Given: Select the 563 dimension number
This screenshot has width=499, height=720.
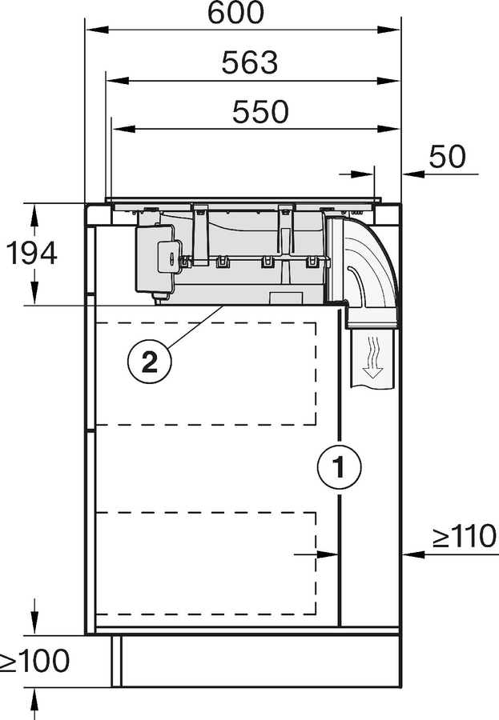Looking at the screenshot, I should click(250, 62).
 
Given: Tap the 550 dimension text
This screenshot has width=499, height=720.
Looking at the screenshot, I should click(260, 112).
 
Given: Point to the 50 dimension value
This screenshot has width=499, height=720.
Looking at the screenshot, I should click(447, 157).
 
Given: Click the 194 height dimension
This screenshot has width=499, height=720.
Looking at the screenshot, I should click(32, 254).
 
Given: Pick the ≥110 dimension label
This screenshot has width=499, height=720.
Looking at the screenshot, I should click(465, 537).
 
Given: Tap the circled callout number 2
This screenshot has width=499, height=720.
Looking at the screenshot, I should click(149, 362).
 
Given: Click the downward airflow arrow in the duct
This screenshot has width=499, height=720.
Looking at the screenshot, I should click(371, 357).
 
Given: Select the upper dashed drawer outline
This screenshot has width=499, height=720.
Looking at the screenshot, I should click(206, 373).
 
